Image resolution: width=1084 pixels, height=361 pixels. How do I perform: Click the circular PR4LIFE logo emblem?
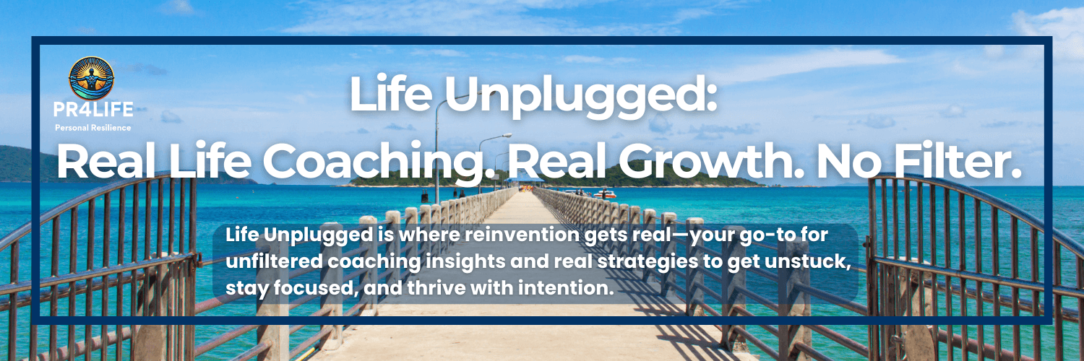(92, 78)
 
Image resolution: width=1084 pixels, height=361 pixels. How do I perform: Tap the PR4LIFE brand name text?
(93, 110)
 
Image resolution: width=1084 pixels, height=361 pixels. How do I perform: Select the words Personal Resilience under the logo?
(93, 128)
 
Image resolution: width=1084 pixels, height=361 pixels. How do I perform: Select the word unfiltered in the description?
(274, 261)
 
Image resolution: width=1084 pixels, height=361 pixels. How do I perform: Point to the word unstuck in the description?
(810, 261)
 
